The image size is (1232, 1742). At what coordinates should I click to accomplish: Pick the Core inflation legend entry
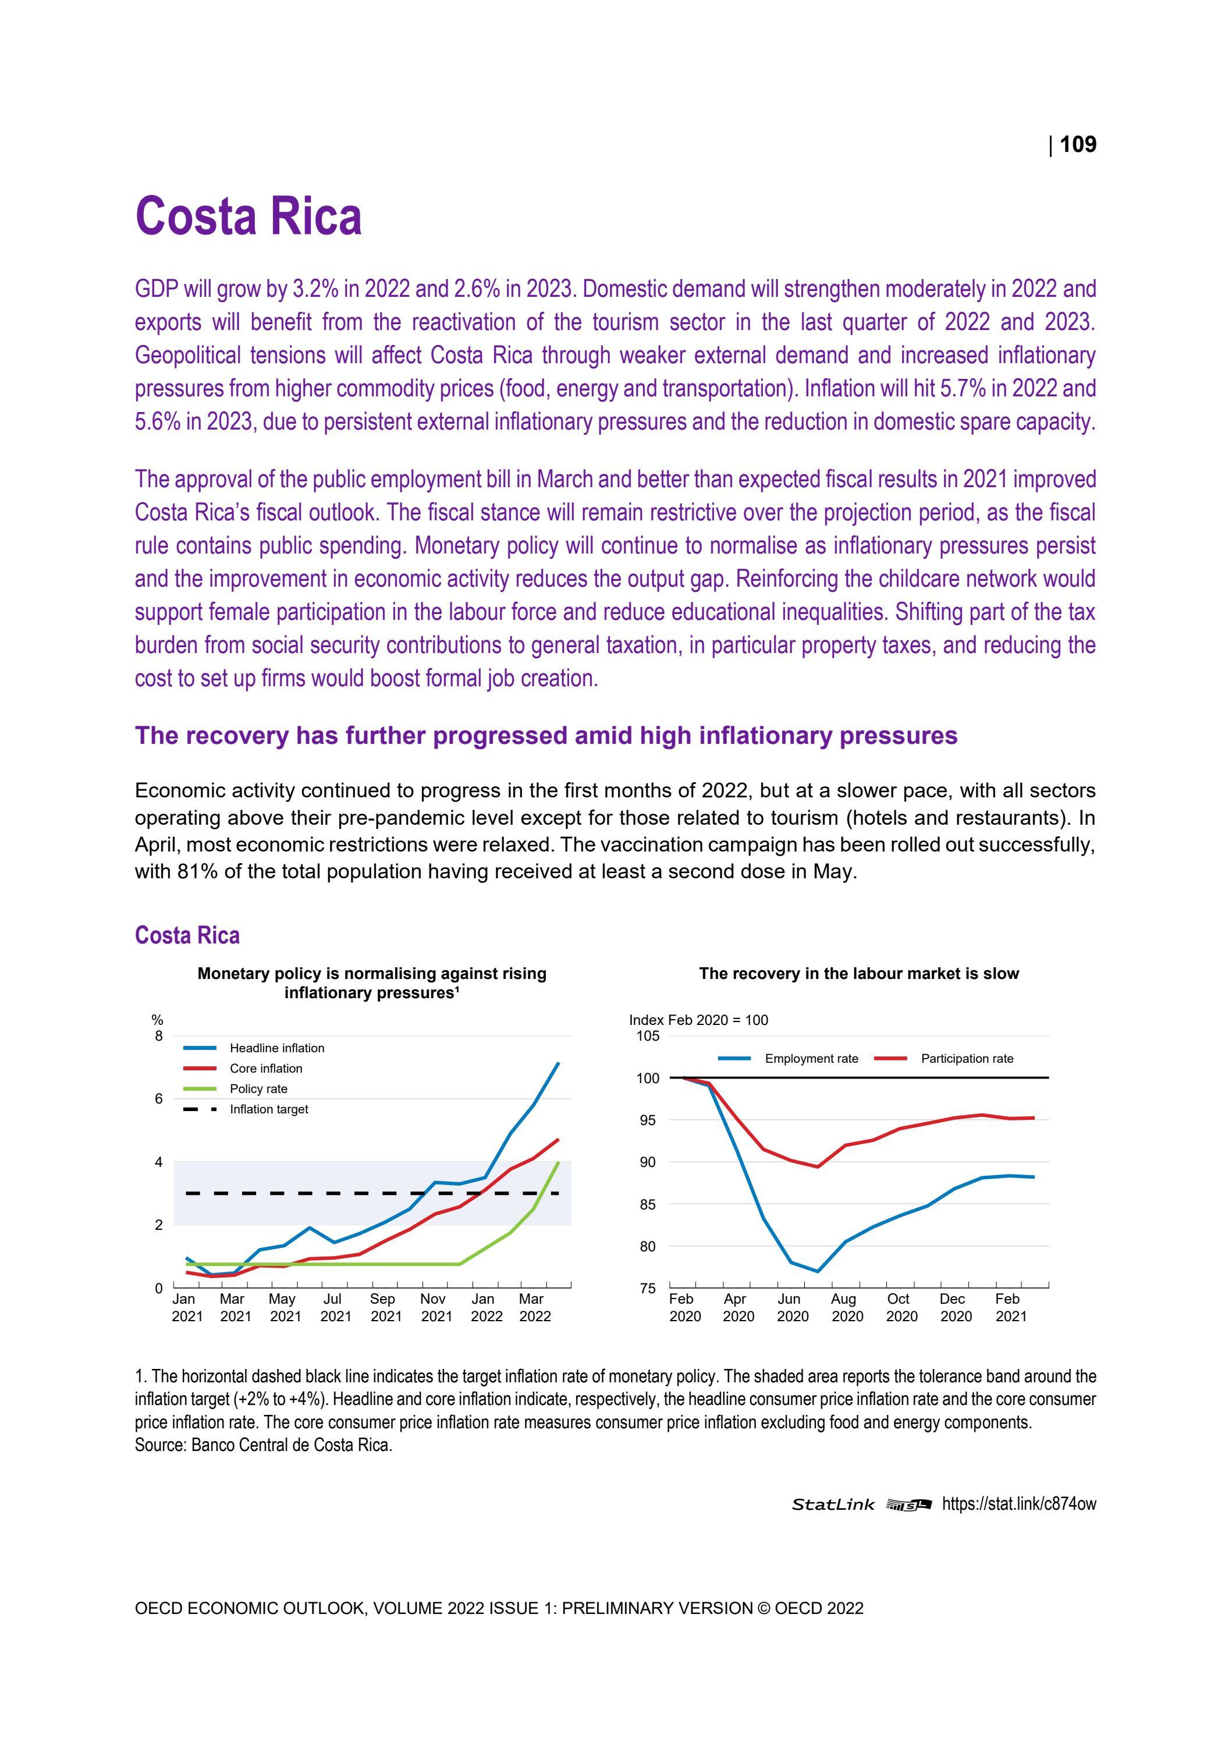pyautogui.click(x=265, y=1068)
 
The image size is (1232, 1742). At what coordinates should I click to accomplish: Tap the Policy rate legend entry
pyautogui.click(x=258, y=1089)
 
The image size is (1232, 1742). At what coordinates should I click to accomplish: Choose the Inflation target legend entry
pyautogui.click(x=268, y=1109)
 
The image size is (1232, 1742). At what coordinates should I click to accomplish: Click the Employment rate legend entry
pyautogui.click(x=811, y=1058)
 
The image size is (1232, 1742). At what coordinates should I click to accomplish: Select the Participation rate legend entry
pyautogui.click(x=967, y=1058)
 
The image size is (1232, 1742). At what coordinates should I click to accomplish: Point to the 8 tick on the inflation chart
pyautogui.click(x=158, y=1037)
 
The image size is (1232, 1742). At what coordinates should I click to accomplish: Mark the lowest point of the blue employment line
pyautogui.click(x=817, y=1272)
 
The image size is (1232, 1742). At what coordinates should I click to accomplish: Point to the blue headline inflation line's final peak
pyautogui.click(x=558, y=1063)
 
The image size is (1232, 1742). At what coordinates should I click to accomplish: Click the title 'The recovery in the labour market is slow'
pyautogui.click(x=859, y=973)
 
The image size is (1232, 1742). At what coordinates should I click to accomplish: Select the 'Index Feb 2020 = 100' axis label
pyautogui.click(x=698, y=1020)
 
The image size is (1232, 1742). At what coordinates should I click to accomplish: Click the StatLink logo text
pyautogui.click(x=833, y=1505)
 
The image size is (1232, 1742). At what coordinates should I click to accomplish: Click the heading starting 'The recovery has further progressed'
pyautogui.click(x=545, y=735)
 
